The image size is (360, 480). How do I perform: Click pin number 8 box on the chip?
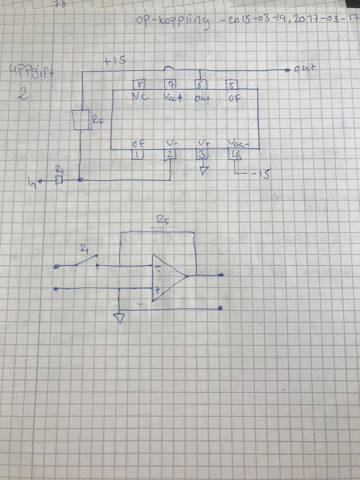[138, 85]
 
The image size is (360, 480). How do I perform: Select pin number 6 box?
[200, 85]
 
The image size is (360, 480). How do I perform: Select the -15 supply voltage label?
[260, 174]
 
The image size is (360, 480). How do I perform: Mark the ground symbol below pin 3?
[203, 170]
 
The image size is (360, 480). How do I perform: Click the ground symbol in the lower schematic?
[119, 319]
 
